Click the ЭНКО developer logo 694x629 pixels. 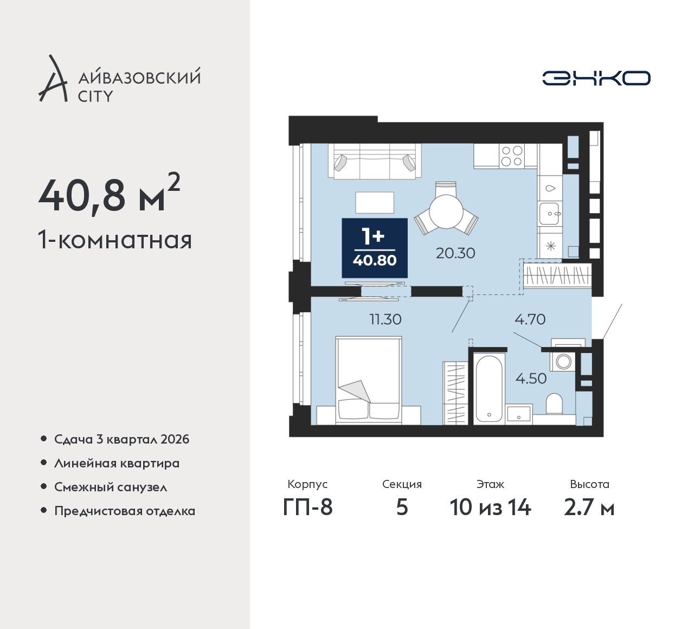pos(596,78)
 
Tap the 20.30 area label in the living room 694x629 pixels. pos(455,253)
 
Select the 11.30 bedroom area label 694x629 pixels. pos(385,319)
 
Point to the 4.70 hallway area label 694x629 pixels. pos(530,319)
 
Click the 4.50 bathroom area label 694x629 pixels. pos(531,378)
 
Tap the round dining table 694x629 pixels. pos(446,211)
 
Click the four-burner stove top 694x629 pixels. pos(512,156)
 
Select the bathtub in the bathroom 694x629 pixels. pos(489,389)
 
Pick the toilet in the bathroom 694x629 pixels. pos(554,404)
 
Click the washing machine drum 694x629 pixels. pos(563,362)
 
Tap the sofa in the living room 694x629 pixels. pos(375,161)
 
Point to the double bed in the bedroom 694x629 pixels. pos(369,380)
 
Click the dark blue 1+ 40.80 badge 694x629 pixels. pos(375,248)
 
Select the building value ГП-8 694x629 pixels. pos(307,508)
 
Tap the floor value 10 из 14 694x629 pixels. pos(490,508)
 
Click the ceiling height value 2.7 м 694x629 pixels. pos(589,508)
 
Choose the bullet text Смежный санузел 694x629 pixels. pos(111,487)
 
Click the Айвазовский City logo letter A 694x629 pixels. pos(53,79)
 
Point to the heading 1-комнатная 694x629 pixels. pos(115,240)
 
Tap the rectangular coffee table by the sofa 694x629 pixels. pos(375,202)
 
